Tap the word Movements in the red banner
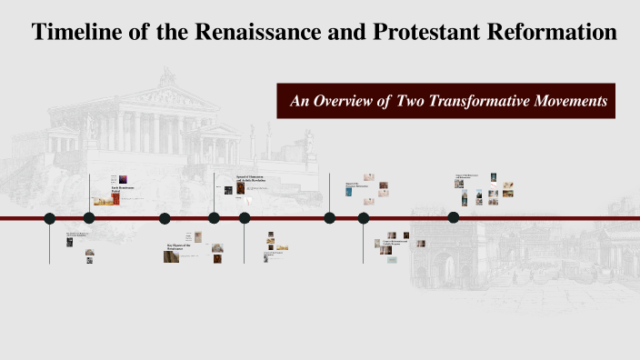coord(571,101)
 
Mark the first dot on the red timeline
coord(50,218)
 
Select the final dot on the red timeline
coord(453,217)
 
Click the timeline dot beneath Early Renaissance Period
coord(88,218)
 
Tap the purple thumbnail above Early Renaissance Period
coord(124,179)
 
